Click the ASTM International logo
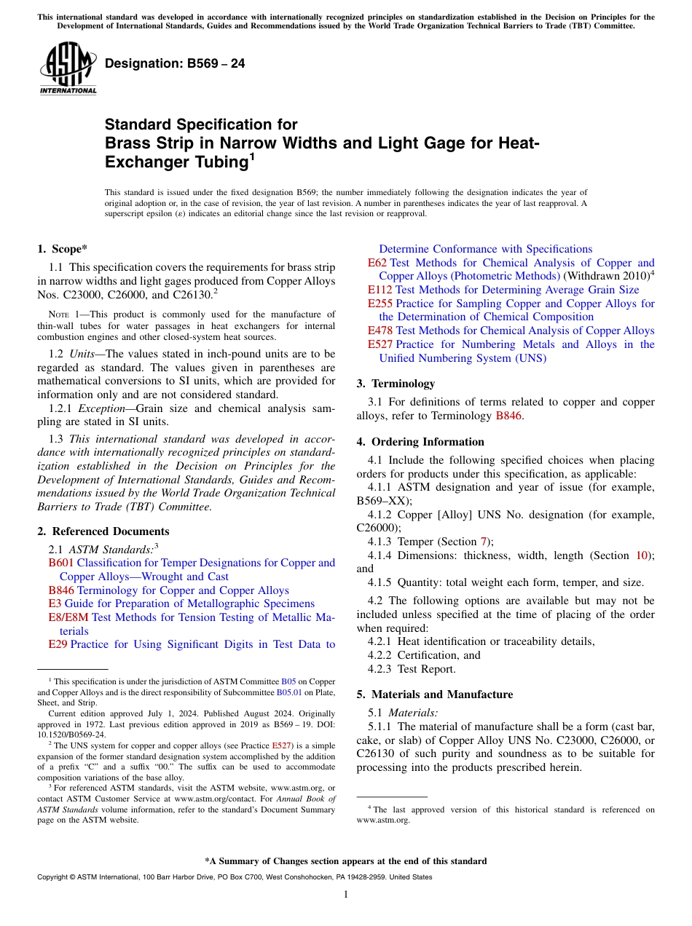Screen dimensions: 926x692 coord(68,69)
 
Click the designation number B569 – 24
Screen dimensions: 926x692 coord(175,64)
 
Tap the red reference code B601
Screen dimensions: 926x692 coord(60,563)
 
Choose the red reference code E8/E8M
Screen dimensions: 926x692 coord(68,617)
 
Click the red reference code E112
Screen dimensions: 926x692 coord(380,290)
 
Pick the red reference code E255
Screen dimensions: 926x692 coord(380,304)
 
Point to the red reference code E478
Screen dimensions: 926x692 coord(380,331)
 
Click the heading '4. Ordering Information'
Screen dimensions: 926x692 coord(420,442)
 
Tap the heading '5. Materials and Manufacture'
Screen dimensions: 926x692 coord(434,694)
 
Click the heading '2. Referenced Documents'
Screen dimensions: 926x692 coord(103,531)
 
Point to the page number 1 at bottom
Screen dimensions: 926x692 coord(346,894)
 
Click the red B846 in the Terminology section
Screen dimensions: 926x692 coord(508,416)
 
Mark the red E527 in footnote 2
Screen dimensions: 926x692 coord(281,745)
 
